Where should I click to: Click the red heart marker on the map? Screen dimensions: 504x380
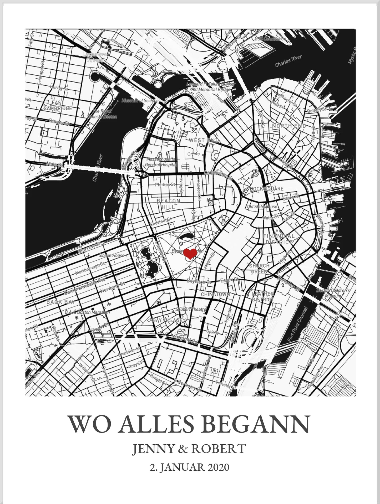(190, 254)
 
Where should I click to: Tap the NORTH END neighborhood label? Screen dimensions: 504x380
(289, 126)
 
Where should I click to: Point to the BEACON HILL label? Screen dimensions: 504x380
(169, 204)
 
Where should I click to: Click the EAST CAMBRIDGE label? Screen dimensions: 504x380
(58, 105)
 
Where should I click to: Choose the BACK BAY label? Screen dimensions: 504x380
(61, 302)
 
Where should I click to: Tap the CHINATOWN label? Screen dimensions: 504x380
(215, 294)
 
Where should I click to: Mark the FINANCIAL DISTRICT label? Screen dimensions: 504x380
(279, 239)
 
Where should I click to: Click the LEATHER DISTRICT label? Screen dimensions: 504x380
(263, 296)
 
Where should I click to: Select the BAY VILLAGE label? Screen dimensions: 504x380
(167, 320)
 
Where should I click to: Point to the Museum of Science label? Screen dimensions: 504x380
(140, 100)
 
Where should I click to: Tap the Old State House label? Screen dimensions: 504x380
(262, 207)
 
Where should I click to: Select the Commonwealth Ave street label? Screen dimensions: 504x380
(85, 286)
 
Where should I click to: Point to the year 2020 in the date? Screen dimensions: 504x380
(218, 468)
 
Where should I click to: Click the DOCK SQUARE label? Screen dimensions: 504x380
(266, 189)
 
